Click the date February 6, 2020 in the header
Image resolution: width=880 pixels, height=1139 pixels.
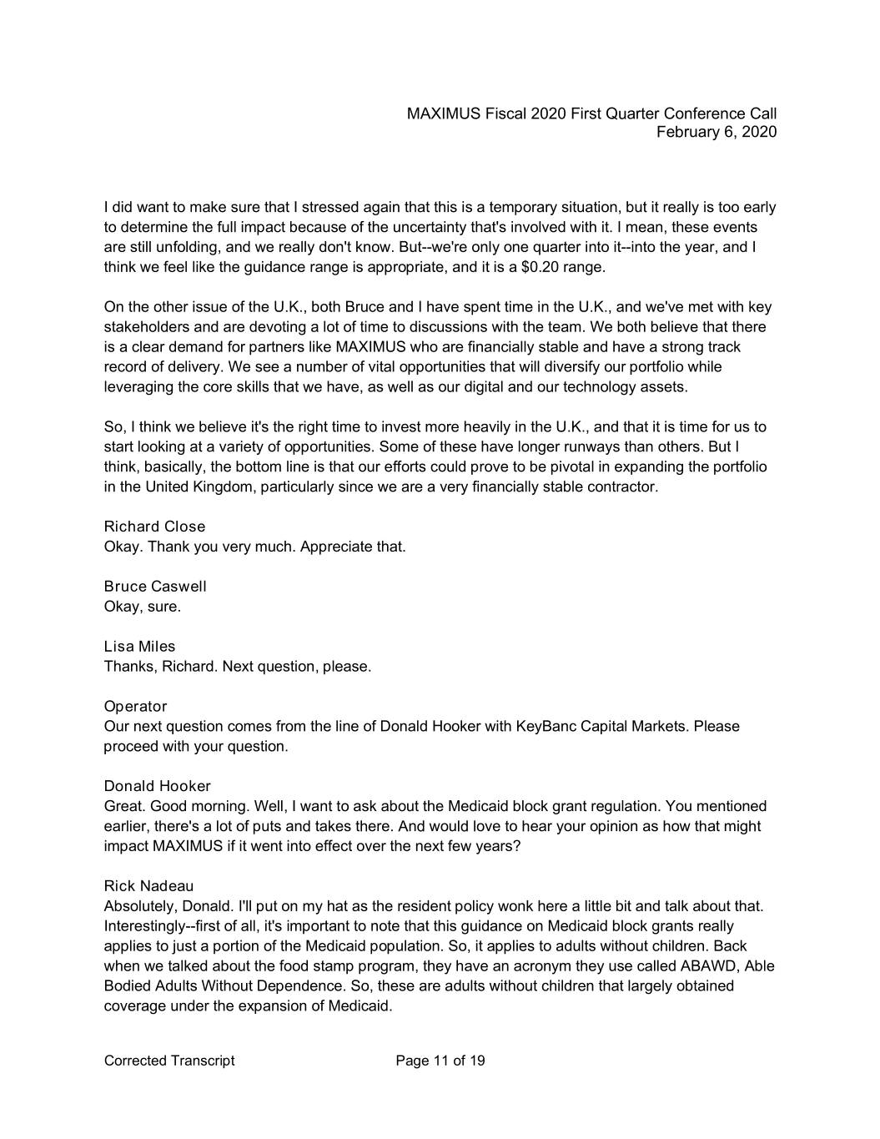pyautogui.click(x=716, y=133)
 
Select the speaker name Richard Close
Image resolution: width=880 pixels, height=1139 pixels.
pyautogui.click(x=154, y=527)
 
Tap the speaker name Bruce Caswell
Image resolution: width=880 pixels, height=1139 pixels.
pyautogui.click(x=155, y=587)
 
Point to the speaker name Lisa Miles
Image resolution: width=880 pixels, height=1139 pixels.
pyautogui.click(x=139, y=647)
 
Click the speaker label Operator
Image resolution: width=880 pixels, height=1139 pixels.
pyautogui.click(x=135, y=707)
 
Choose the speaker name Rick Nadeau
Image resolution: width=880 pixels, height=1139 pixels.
pyautogui.click(x=148, y=886)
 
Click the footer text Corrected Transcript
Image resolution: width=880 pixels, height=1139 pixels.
pyautogui.click(x=169, y=1061)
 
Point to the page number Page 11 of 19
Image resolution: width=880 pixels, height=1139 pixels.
pyautogui.click(x=440, y=1061)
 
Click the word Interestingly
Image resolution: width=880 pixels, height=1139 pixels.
pyautogui.click(x=148, y=926)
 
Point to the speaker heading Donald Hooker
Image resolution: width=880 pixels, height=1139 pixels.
pyautogui.click(x=157, y=786)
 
